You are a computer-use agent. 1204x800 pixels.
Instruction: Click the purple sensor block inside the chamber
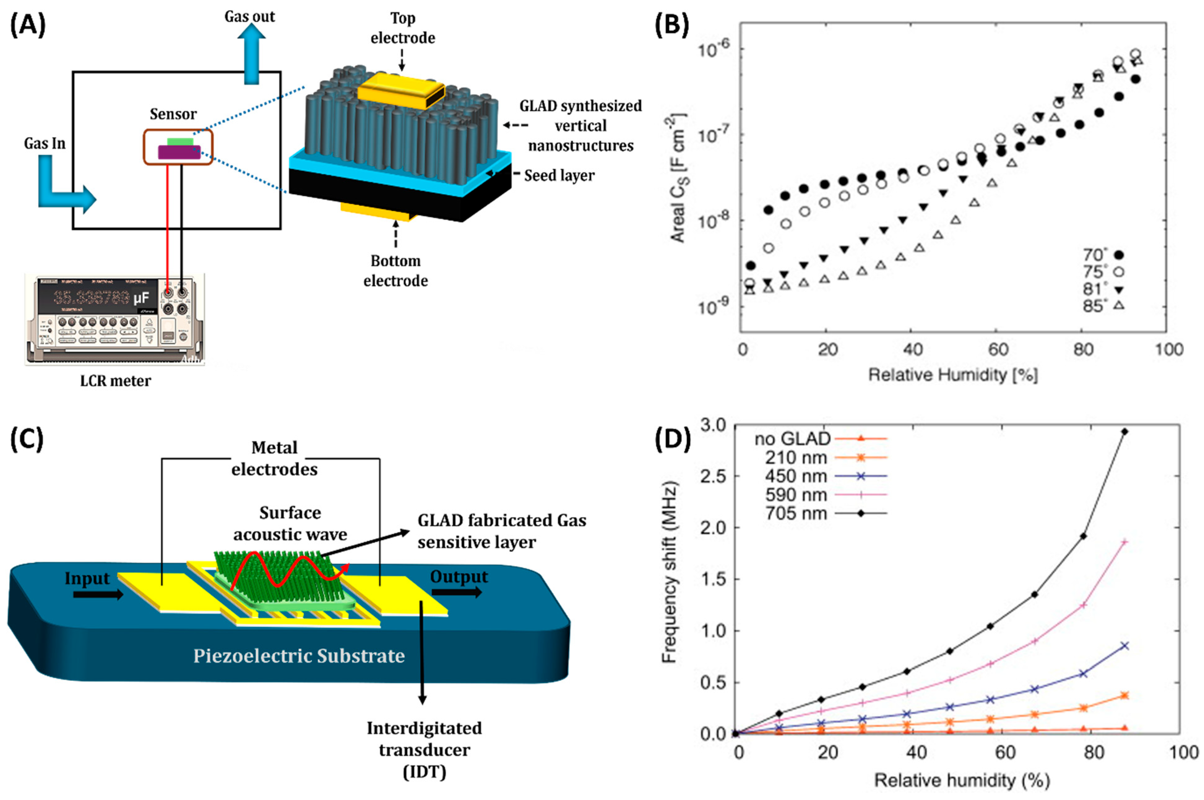pyautogui.click(x=179, y=152)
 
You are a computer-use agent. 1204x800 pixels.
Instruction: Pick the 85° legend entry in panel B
pyautogui.click(x=1102, y=306)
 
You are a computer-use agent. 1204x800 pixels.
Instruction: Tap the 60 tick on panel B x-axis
pyautogui.click(x=999, y=350)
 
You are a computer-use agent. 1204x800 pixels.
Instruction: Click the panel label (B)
pyautogui.click(x=672, y=25)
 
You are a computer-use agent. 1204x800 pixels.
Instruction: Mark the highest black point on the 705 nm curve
pyautogui.click(x=1124, y=432)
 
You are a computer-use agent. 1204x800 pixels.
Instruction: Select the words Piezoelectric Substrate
pyautogui.click(x=299, y=656)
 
